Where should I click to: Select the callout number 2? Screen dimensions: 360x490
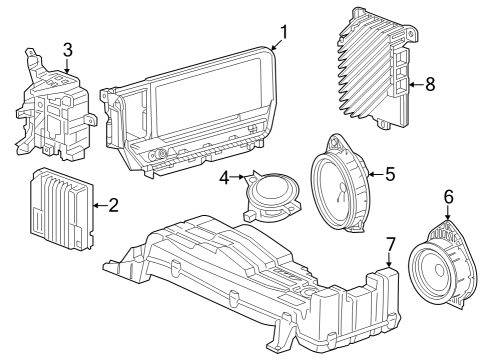113,206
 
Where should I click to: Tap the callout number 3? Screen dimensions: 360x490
67,49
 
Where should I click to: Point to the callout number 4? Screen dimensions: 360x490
226,179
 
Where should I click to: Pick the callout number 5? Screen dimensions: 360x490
390,173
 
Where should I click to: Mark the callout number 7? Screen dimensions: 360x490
390,243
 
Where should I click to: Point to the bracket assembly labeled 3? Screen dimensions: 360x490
55,110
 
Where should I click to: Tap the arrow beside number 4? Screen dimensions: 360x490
239,180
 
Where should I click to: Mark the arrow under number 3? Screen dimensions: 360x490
67,65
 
